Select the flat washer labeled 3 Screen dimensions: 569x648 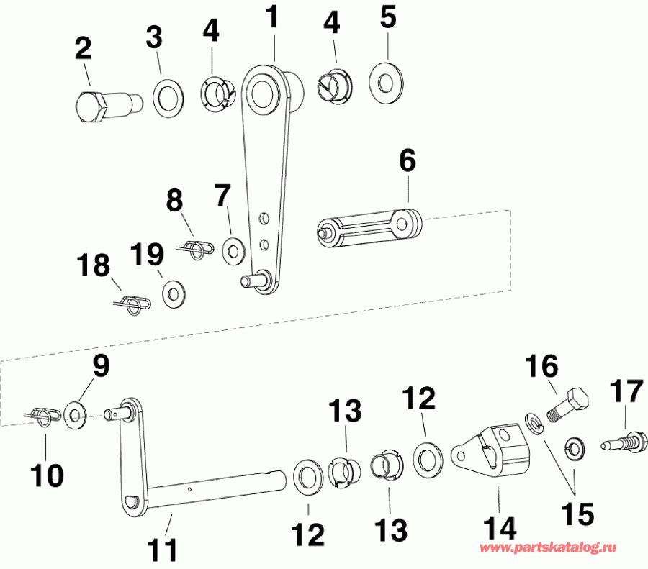[x=168, y=96]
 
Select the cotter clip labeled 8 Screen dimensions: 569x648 [x=197, y=249]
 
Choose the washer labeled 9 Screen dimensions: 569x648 [x=74, y=413]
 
